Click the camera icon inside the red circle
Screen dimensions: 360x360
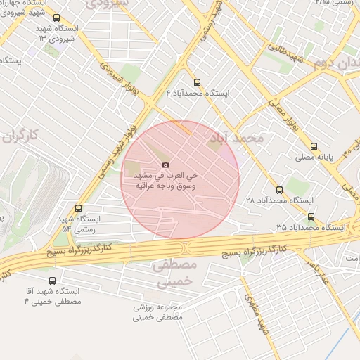pyautogui.click(x=166, y=165)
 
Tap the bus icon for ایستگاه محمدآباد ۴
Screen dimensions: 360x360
pyautogui.click(x=197, y=81)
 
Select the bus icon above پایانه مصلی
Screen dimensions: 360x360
pyautogui.click(x=314, y=147)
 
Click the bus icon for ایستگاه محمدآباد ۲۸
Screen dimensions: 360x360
pyautogui.click(x=279, y=190)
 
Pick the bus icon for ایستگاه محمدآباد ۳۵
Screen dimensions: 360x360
pyautogui.click(x=311, y=217)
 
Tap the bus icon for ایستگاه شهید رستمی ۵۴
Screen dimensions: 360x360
pyautogui.click(x=78, y=208)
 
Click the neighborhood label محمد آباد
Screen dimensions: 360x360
pyautogui.click(x=236, y=139)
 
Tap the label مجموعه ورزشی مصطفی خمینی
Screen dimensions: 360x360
pyautogui.click(x=158, y=312)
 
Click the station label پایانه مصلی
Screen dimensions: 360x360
pyautogui.click(x=309, y=159)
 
